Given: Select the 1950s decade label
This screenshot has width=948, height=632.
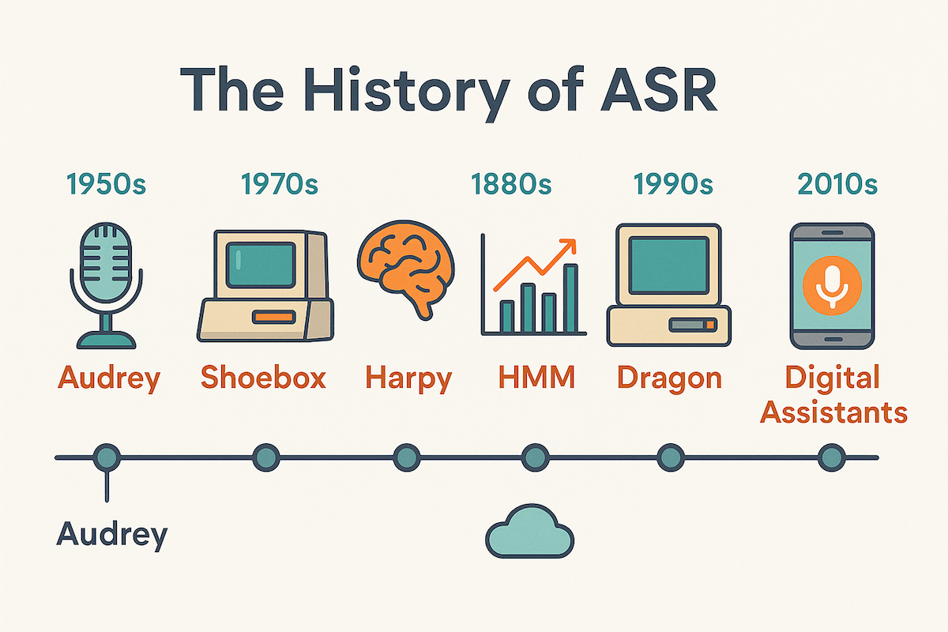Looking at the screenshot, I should coord(107,185).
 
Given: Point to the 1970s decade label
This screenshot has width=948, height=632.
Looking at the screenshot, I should coord(280,185).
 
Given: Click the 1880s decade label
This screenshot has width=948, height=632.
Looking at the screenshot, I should coord(511,185).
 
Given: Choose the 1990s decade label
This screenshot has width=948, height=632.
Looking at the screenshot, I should coord(673,185).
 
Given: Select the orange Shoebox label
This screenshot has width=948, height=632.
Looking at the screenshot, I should coord(263,378).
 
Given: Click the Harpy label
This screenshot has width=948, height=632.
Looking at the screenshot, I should coord(408,378).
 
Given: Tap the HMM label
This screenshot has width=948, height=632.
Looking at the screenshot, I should coord(537,378).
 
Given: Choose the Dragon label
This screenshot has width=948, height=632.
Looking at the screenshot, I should coord(669,378).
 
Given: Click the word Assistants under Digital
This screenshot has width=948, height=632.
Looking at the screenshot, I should coord(833,412).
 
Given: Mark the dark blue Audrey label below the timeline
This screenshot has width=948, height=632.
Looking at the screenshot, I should coord(112,535).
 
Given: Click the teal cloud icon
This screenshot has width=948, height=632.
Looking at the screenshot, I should coord(529,535).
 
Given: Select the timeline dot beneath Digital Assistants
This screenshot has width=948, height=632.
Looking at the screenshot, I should coord(831,457).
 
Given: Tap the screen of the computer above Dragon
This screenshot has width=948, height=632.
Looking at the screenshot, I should coord(668,265).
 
